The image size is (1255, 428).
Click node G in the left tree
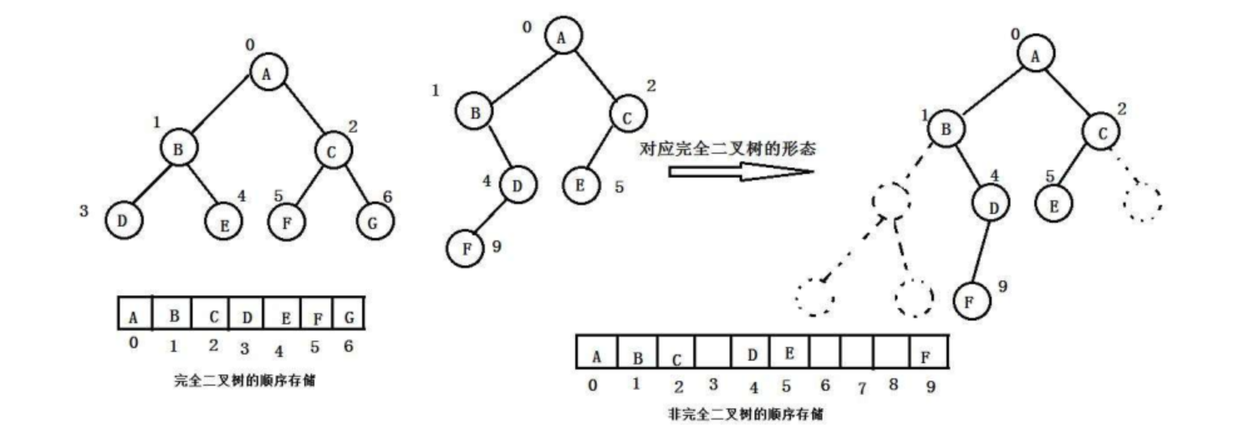pyautogui.click(x=375, y=222)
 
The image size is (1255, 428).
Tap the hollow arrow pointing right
pyautogui.click(x=741, y=171)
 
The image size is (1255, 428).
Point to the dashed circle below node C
pyautogui.click(x=1142, y=201)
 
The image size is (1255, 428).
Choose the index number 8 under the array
pyautogui.click(x=894, y=385)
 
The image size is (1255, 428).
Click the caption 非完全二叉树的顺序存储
pyautogui.click(x=750, y=414)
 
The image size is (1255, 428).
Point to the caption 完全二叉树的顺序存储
pyautogui.click(x=245, y=380)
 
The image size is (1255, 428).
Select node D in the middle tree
pyautogui.click(x=518, y=186)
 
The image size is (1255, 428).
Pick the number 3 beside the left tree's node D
pyautogui.click(x=84, y=211)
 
